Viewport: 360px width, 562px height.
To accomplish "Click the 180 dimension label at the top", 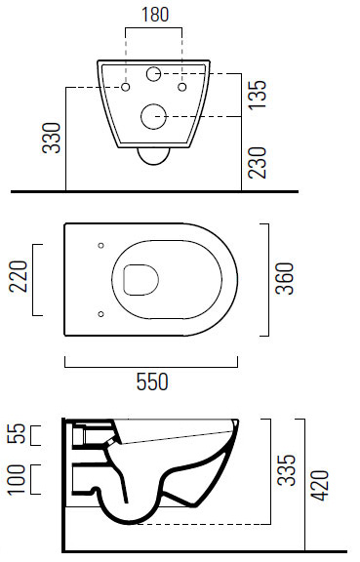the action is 155,15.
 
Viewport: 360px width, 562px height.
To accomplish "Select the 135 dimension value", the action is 259,95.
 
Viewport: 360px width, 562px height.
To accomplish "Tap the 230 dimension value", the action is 259,162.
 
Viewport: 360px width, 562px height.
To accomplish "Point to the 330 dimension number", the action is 52,138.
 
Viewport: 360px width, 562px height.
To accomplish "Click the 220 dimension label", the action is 18,276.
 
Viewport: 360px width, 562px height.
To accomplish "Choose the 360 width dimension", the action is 284,278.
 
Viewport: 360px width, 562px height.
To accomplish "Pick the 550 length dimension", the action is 152,381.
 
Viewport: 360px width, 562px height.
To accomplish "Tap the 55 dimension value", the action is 17,433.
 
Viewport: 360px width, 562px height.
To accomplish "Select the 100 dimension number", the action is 17,480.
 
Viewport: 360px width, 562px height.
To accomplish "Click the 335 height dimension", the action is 287,470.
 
